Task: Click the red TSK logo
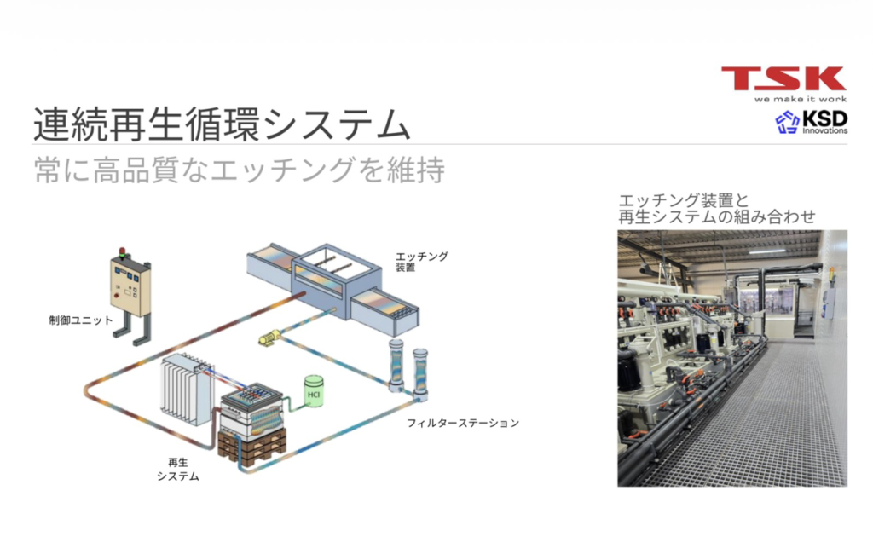[x=783, y=78]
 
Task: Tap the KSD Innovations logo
[x=811, y=123]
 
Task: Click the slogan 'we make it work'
[x=800, y=98]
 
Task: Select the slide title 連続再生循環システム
[x=221, y=124]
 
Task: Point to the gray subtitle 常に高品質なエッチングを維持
[x=239, y=170]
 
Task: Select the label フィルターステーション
[x=462, y=423]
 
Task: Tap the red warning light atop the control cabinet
[x=122, y=251]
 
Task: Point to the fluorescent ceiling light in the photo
[x=766, y=251]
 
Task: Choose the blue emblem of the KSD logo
[x=787, y=123]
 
